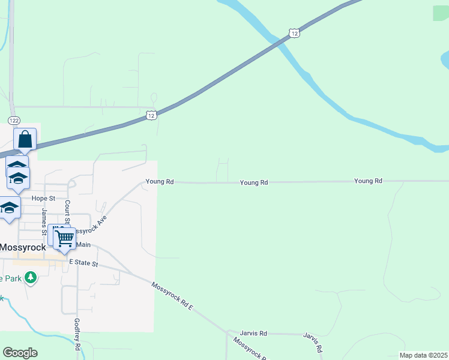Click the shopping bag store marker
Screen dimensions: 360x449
26,140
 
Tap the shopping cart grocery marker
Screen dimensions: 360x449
64,238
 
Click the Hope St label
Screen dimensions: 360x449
43,198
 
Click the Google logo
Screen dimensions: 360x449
20,353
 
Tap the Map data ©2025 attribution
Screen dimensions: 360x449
423,355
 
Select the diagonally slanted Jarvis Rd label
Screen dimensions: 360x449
313,342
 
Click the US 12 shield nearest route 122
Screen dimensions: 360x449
151,115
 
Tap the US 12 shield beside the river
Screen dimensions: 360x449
293,33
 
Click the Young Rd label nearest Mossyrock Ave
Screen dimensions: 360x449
160,181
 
